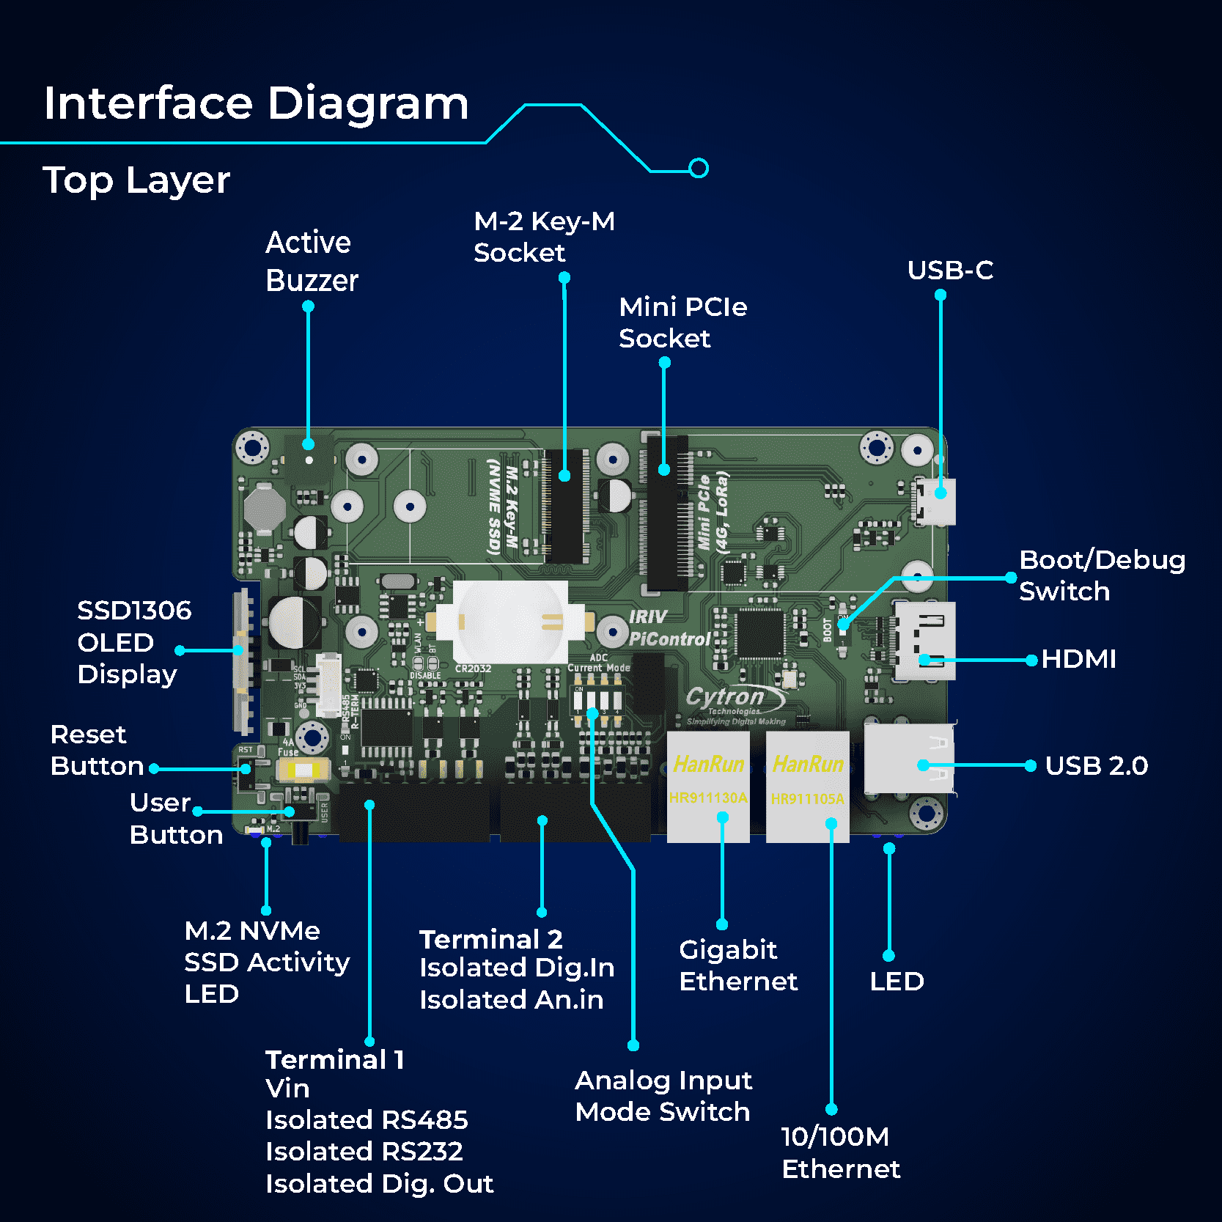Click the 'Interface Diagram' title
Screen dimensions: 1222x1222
pos(256,103)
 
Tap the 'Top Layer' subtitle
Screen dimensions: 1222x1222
pos(136,180)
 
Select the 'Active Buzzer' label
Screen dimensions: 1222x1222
pos(312,262)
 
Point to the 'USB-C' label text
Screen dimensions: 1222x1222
pos(950,270)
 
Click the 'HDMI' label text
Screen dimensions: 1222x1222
pos(1078,659)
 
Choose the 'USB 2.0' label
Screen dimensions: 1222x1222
pos(1096,766)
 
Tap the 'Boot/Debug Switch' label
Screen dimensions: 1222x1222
pos(1101,575)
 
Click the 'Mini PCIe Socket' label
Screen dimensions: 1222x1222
pos(682,323)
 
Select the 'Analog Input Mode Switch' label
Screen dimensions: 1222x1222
pos(663,1096)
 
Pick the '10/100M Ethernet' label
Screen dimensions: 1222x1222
pos(840,1152)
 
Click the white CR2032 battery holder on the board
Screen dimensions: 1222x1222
pos(510,622)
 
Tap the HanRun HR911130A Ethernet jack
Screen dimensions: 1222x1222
pos(708,786)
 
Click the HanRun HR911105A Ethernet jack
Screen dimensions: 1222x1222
pos(808,786)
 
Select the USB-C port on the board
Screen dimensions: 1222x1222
pos(935,501)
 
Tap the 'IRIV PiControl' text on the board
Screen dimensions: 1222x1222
pos(669,628)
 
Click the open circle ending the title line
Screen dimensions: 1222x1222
pos(699,169)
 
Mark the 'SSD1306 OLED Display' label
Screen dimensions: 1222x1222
pos(133,642)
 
